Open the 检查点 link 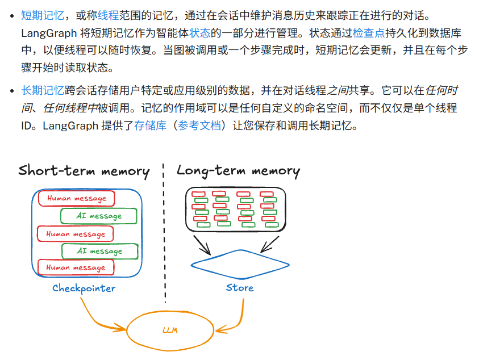tap(369, 32)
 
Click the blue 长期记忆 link tap(42, 90)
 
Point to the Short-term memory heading tap(84, 171)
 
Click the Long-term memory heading tap(238, 171)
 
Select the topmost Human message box tap(76, 199)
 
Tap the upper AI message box tap(99, 216)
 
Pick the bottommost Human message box tap(75, 267)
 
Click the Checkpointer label tap(84, 288)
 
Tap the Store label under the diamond tap(239, 287)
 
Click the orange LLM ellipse tap(169, 330)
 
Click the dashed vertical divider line tap(165, 238)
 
